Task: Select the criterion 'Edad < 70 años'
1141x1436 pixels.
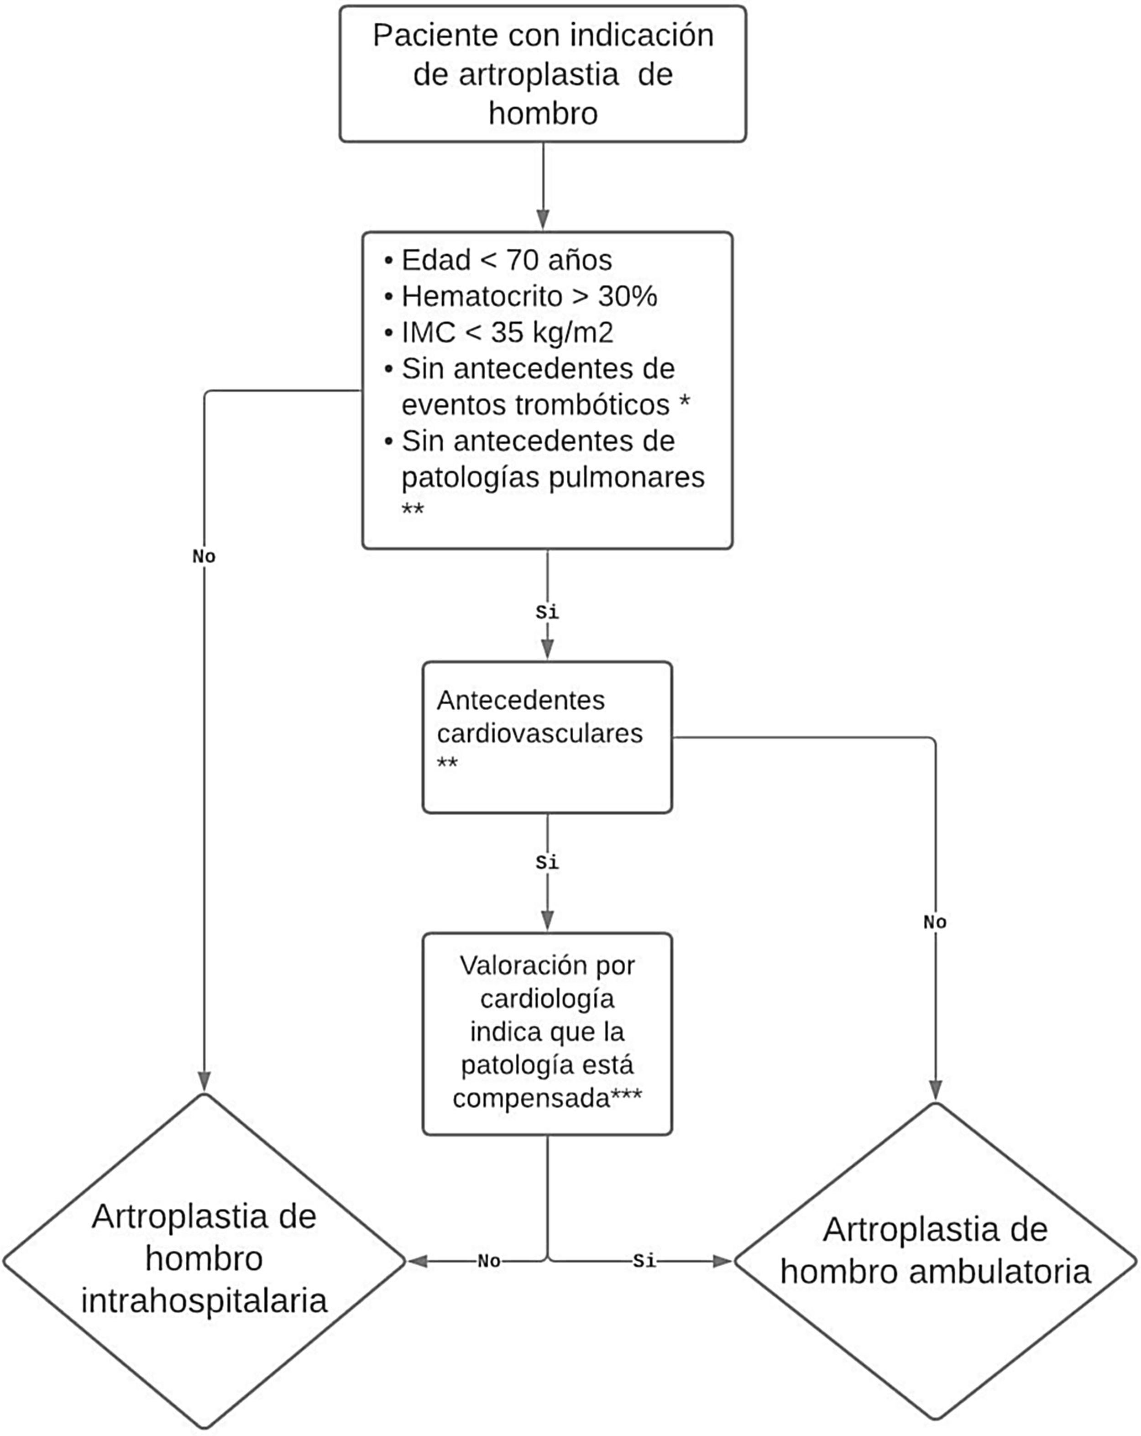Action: pyautogui.click(x=506, y=260)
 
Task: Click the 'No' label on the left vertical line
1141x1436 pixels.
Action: pyautogui.click(x=204, y=556)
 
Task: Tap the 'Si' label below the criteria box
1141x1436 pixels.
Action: pyautogui.click(x=547, y=612)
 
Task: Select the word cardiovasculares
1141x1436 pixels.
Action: pyautogui.click(x=539, y=734)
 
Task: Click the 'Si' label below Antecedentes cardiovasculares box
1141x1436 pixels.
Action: pyautogui.click(x=547, y=863)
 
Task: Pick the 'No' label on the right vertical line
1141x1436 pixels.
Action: pyautogui.click(x=935, y=922)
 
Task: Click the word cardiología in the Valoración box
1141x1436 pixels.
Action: pyautogui.click(x=547, y=999)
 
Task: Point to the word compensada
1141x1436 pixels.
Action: pyautogui.click(x=531, y=1098)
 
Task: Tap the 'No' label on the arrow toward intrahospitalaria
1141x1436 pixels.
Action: pyautogui.click(x=489, y=1261)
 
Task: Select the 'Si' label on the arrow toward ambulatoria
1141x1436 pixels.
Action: pyautogui.click(x=644, y=1261)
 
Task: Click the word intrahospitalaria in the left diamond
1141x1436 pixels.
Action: pyautogui.click(x=204, y=1301)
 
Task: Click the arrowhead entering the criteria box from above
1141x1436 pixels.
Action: pyautogui.click(x=543, y=220)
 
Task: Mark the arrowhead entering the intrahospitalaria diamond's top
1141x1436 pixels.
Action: pyautogui.click(x=204, y=1081)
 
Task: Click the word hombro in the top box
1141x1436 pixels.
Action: pyautogui.click(x=543, y=113)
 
